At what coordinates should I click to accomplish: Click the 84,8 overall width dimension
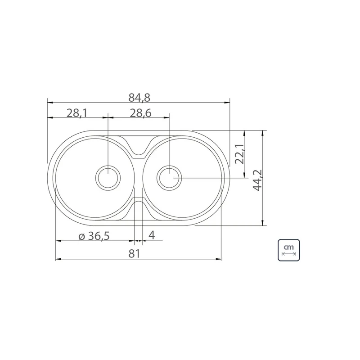tap(139, 97)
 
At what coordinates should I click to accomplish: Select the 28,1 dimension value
tap(77, 113)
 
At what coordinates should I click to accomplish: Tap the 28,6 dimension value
tap(140, 113)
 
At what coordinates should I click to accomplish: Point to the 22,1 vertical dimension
tap(240, 154)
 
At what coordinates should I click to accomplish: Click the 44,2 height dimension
tap(257, 180)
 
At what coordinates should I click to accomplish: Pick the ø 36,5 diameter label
tap(94, 236)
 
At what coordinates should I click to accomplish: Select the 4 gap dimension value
tap(152, 235)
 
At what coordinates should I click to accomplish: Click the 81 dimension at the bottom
tap(134, 254)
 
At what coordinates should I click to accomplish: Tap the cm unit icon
tap(289, 250)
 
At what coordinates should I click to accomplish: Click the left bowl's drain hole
tap(108, 178)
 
